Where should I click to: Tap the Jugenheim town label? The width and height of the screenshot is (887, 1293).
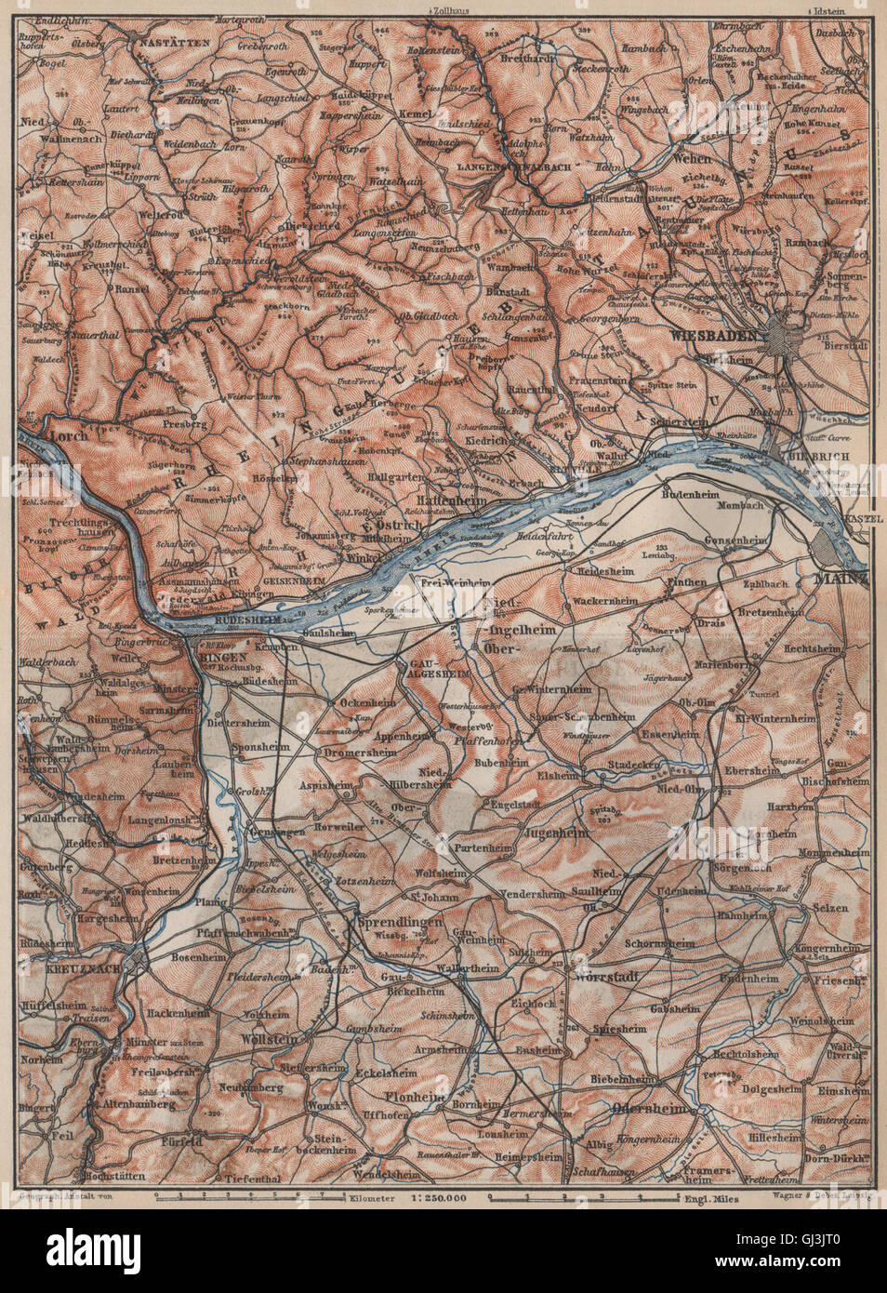(559, 833)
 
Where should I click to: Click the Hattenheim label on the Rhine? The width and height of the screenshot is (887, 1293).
(457, 500)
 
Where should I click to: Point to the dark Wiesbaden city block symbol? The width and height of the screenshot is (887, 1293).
(787, 334)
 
